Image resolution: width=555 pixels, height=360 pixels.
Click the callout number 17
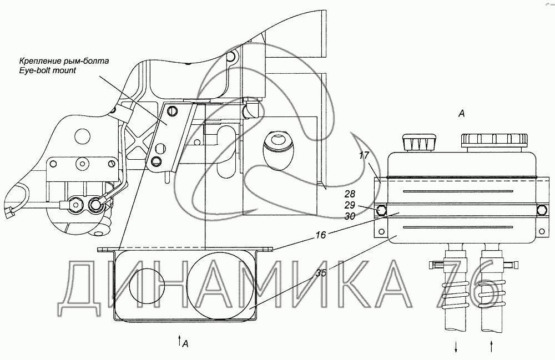[x=364, y=155]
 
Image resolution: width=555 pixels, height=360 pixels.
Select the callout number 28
[x=349, y=194]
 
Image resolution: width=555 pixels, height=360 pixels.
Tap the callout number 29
[x=349, y=205]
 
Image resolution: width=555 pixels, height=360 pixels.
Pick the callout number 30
[x=349, y=216]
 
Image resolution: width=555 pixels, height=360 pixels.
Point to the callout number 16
[x=321, y=235]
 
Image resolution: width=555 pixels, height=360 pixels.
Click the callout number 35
[x=321, y=273]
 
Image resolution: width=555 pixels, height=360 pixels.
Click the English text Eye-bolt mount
[x=47, y=70]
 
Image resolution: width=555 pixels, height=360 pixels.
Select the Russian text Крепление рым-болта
[x=64, y=61]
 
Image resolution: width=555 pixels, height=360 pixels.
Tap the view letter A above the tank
[x=461, y=114]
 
